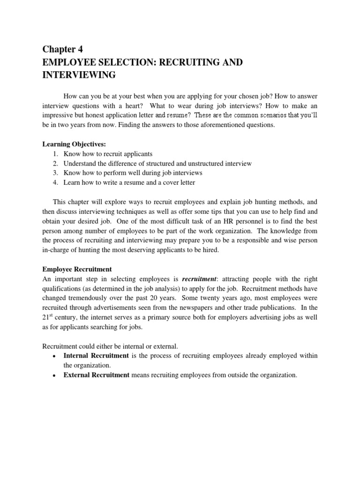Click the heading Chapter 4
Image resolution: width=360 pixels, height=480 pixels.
pyautogui.click(x=62, y=50)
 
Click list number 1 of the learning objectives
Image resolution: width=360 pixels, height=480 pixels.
pyautogui.click(x=55, y=154)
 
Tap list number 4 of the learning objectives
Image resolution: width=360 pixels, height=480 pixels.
pyautogui.click(x=55, y=183)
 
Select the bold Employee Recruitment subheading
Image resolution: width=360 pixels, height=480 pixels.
pyautogui.click(x=77, y=269)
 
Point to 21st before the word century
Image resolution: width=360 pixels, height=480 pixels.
pyautogui.click(x=47, y=317)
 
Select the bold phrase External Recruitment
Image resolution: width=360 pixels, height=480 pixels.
pyautogui.click(x=97, y=375)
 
